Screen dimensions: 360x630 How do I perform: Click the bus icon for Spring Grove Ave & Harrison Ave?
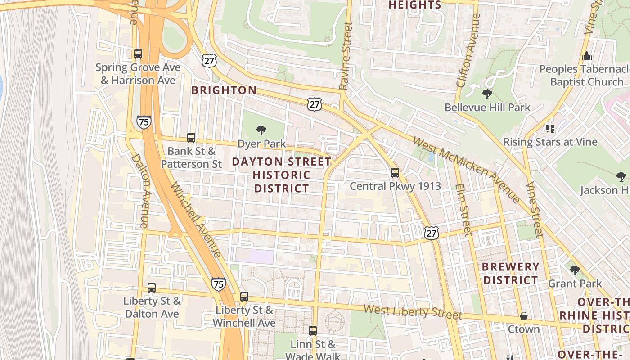pyautogui.click(x=138, y=54)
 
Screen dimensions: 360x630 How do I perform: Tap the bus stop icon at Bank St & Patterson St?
pyautogui.click(x=191, y=138)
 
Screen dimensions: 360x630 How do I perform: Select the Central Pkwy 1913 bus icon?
pyautogui.click(x=395, y=173)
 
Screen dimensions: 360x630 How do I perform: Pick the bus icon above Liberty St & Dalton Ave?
pyautogui.click(x=152, y=288)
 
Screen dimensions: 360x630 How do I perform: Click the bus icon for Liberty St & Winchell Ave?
pyautogui.click(x=244, y=297)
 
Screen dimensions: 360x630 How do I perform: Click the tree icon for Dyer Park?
pyautogui.click(x=261, y=131)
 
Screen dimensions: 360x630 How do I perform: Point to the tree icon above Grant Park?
pyautogui.click(x=575, y=270)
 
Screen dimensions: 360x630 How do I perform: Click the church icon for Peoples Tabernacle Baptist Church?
pyautogui.click(x=587, y=56)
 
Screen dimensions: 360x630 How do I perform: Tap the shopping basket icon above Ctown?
pyautogui.click(x=524, y=316)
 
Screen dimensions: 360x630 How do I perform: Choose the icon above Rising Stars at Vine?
pyautogui.click(x=550, y=129)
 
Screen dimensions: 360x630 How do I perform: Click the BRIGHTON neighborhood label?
pyautogui.click(x=224, y=90)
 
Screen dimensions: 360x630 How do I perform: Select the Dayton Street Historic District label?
pyautogui.click(x=282, y=175)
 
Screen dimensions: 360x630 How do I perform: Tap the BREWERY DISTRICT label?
pyautogui.click(x=510, y=274)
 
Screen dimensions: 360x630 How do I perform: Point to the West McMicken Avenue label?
pyautogui.click(x=466, y=169)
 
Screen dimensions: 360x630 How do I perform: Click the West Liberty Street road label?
pyautogui.click(x=413, y=311)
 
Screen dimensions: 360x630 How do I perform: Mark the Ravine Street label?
pyautogui.click(x=346, y=56)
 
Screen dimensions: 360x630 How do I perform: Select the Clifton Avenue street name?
pyautogui.click(x=468, y=50)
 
